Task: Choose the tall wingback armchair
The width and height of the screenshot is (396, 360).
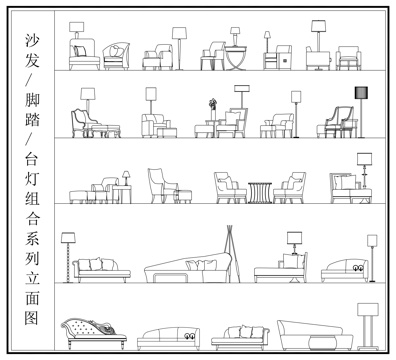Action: tap(160, 185)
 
